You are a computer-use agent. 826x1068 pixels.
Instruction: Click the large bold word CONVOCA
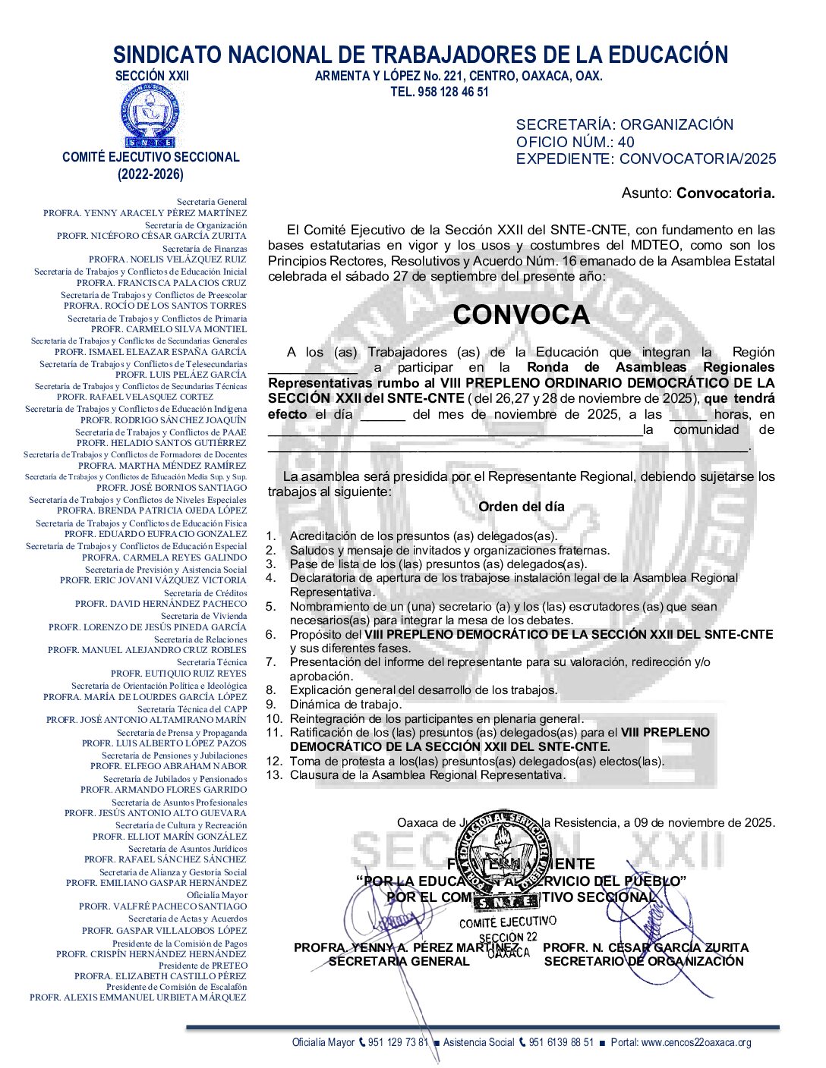[521, 315]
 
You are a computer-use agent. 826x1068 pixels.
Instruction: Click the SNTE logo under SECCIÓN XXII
[150, 116]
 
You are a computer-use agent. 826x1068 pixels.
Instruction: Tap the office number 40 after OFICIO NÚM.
[626, 142]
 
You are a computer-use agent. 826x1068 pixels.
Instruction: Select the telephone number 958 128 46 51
[453, 92]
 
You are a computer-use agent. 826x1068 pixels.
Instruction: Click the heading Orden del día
[521, 507]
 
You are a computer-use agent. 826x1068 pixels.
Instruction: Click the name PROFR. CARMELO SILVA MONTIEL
[169, 329]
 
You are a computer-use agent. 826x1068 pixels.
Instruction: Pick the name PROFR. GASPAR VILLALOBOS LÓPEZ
[164, 930]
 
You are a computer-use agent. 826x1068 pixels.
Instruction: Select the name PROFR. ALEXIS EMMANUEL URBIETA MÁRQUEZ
[138, 997]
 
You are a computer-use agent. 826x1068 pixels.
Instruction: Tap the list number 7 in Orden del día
[270, 662]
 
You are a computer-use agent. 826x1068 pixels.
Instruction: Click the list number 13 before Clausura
[273, 775]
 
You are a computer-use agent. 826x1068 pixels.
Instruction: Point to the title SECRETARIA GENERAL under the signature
[399, 962]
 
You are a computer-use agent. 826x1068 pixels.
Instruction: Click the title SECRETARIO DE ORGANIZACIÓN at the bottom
[644, 962]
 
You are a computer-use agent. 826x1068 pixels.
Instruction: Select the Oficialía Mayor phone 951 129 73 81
[399, 1042]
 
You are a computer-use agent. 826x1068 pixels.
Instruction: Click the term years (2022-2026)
[150, 174]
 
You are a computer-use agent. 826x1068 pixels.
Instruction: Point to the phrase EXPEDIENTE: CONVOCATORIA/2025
[646, 159]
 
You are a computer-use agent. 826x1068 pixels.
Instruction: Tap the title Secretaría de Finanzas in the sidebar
[204, 249]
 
